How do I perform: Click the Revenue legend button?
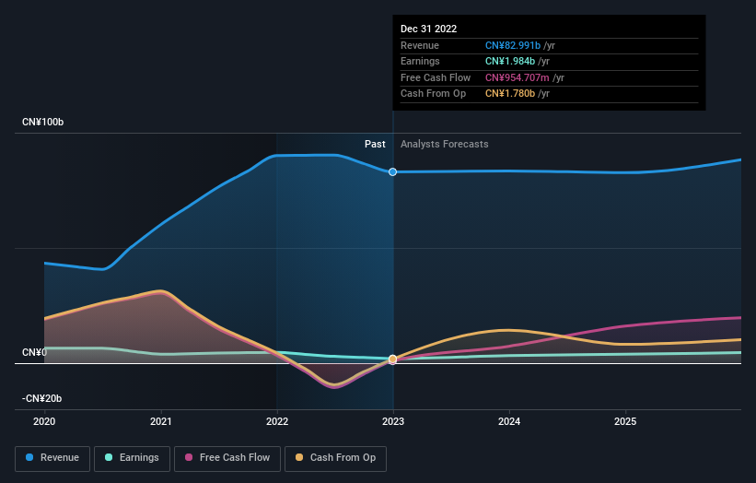click(52, 457)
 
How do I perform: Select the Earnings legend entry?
click(131, 457)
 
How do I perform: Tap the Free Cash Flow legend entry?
click(227, 457)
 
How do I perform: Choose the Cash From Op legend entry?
click(336, 457)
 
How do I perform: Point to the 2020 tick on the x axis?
click(44, 421)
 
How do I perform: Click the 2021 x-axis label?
click(161, 421)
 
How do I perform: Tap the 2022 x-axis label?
click(277, 421)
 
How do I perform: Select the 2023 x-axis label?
click(393, 421)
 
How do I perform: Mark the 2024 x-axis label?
click(509, 421)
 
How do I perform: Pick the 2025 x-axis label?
click(625, 421)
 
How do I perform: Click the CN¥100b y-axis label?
click(43, 123)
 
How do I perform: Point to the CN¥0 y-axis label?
click(35, 353)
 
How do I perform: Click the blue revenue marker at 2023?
click(393, 172)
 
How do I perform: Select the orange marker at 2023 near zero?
click(393, 359)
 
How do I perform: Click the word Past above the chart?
click(375, 144)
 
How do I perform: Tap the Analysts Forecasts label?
click(444, 144)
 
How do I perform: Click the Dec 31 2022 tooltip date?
click(428, 29)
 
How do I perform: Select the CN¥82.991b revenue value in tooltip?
click(518, 46)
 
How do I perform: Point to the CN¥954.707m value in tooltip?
click(519, 77)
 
